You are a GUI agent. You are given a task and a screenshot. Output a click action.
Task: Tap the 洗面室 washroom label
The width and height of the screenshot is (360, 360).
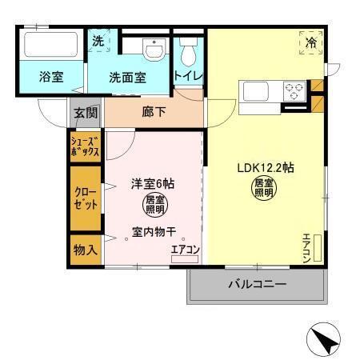(127, 78)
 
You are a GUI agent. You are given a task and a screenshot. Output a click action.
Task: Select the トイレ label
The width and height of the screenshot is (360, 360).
(188, 76)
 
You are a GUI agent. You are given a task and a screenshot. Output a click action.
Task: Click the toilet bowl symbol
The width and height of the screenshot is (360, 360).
(189, 53)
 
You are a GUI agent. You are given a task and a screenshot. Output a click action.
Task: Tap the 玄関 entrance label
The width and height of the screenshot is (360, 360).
(86, 112)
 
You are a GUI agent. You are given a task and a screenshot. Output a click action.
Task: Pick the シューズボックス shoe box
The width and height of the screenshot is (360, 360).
(85, 146)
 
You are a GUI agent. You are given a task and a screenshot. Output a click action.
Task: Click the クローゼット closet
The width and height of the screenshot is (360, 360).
(85, 198)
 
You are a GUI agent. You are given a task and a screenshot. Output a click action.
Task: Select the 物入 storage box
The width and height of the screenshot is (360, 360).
(85, 249)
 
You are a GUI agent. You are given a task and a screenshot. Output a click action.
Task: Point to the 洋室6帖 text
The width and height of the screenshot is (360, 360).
(153, 183)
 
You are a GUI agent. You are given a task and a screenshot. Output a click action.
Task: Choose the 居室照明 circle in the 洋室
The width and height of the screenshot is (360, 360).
(155, 206)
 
